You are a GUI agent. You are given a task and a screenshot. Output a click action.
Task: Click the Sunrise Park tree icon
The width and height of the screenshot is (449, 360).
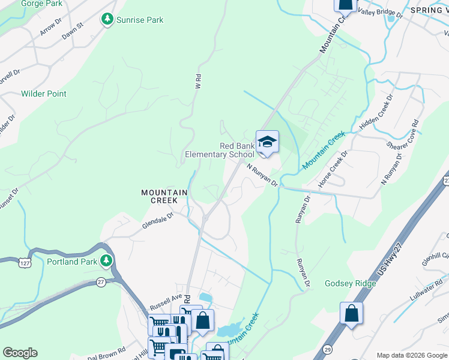(x=107, y=20)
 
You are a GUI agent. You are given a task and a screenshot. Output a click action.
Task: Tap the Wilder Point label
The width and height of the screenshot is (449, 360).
(x=44, y=94)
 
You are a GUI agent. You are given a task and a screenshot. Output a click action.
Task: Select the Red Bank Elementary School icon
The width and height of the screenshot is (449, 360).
(x=267, y=142)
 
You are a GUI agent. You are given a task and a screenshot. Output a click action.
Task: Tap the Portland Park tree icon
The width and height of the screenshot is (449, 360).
(x=106, y=261)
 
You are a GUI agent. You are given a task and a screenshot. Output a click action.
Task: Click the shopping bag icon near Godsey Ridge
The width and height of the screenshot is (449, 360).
(x=351, y=313)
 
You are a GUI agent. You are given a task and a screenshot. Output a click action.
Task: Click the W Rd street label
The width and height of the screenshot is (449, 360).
(x=197, y=81)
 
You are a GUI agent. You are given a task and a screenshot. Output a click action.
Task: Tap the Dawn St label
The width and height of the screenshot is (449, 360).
(x=71, y=32)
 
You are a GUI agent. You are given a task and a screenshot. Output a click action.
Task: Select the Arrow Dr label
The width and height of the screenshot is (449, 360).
(x=52, y=27)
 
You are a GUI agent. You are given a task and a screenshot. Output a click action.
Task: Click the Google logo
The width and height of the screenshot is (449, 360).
(x=20, y=353)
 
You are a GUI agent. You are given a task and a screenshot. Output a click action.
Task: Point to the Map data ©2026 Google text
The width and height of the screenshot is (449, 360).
(x=411, y=355)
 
